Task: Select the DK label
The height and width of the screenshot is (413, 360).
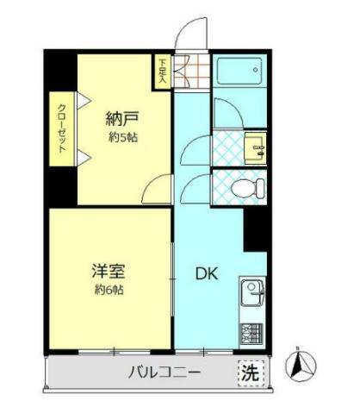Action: pos(205,274)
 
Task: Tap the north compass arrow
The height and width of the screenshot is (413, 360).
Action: pos(300,366)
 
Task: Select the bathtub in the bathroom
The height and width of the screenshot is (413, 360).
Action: pos(242,71)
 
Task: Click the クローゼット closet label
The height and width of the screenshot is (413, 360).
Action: pos(62,128)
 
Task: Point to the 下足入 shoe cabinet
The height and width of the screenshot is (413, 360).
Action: pos(163,72)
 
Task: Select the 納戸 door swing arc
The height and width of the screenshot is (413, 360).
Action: pos(158,188)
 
